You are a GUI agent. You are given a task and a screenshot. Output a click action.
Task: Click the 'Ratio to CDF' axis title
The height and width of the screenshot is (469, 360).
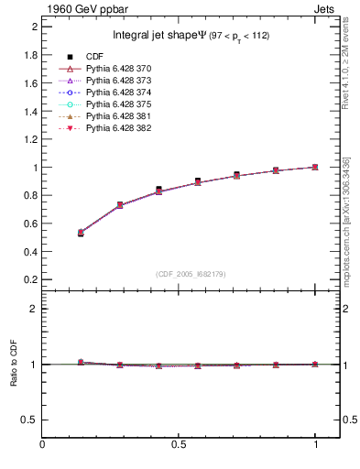click(x=14, y=364)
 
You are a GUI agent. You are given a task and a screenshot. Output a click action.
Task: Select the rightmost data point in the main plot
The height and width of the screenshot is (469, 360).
click(x=315, y=167)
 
